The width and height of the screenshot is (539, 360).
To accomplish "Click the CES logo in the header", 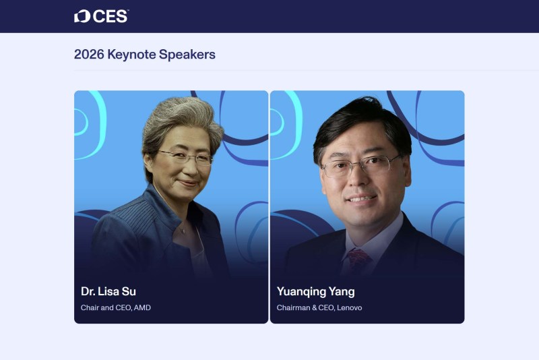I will [x=101, y=16].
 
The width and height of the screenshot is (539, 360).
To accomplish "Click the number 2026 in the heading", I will [x=89, y=55].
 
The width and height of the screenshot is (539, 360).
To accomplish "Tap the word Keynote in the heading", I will [x=131, y=55].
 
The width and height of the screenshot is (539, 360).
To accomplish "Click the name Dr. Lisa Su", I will [x=108, y=291].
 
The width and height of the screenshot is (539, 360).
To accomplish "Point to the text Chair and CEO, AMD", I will [x=116, y=308].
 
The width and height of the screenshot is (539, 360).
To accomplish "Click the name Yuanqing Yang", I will [x=315, y=291].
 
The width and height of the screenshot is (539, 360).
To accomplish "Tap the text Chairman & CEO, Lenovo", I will [x=319, y=308].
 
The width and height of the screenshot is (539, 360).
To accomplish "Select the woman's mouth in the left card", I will [x=188, y=183].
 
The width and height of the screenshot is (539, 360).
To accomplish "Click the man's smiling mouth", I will [x=362, y=200].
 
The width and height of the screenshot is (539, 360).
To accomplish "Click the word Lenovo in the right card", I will [x=349, y=308].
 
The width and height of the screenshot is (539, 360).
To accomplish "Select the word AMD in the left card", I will [x=142, y=308].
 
